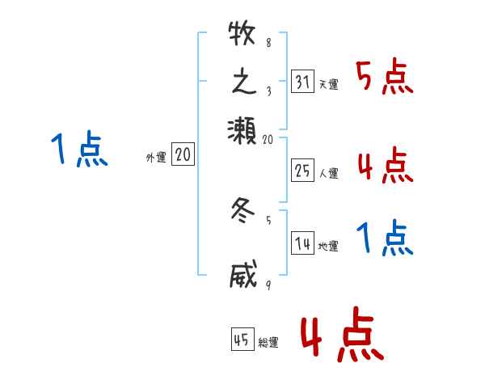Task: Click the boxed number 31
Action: click(x=302, y=82)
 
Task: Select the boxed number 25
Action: click(x=302, y=169)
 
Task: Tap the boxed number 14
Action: click(x=302, y=244)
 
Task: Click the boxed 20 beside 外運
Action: click(x=183, y=154)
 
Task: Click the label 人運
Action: click(x=328, y=172)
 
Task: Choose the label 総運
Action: click(x=268, y=343)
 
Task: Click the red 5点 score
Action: click(x=386, y=78)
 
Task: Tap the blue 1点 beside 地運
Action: click(x=385, y=239)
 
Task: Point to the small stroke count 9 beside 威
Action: click(x=268, y=285)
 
